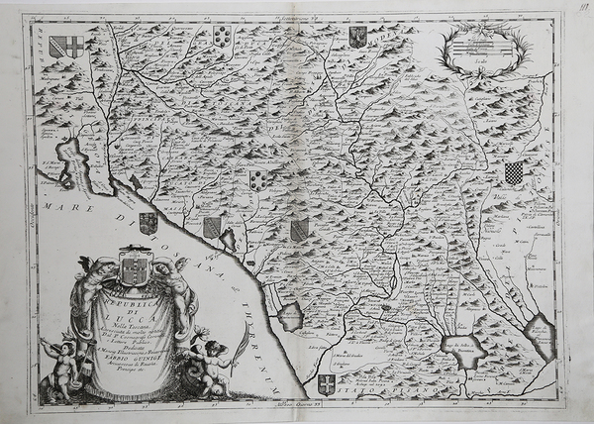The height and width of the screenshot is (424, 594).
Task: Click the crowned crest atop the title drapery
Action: pos(137,267)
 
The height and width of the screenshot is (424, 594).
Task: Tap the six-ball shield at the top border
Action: pos(223,37)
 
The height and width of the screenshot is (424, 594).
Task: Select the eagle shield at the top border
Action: pos(357,37)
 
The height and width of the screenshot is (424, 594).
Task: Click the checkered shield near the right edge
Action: pos(513,174)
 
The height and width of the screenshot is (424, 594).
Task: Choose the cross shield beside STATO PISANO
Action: pos(326,384)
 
